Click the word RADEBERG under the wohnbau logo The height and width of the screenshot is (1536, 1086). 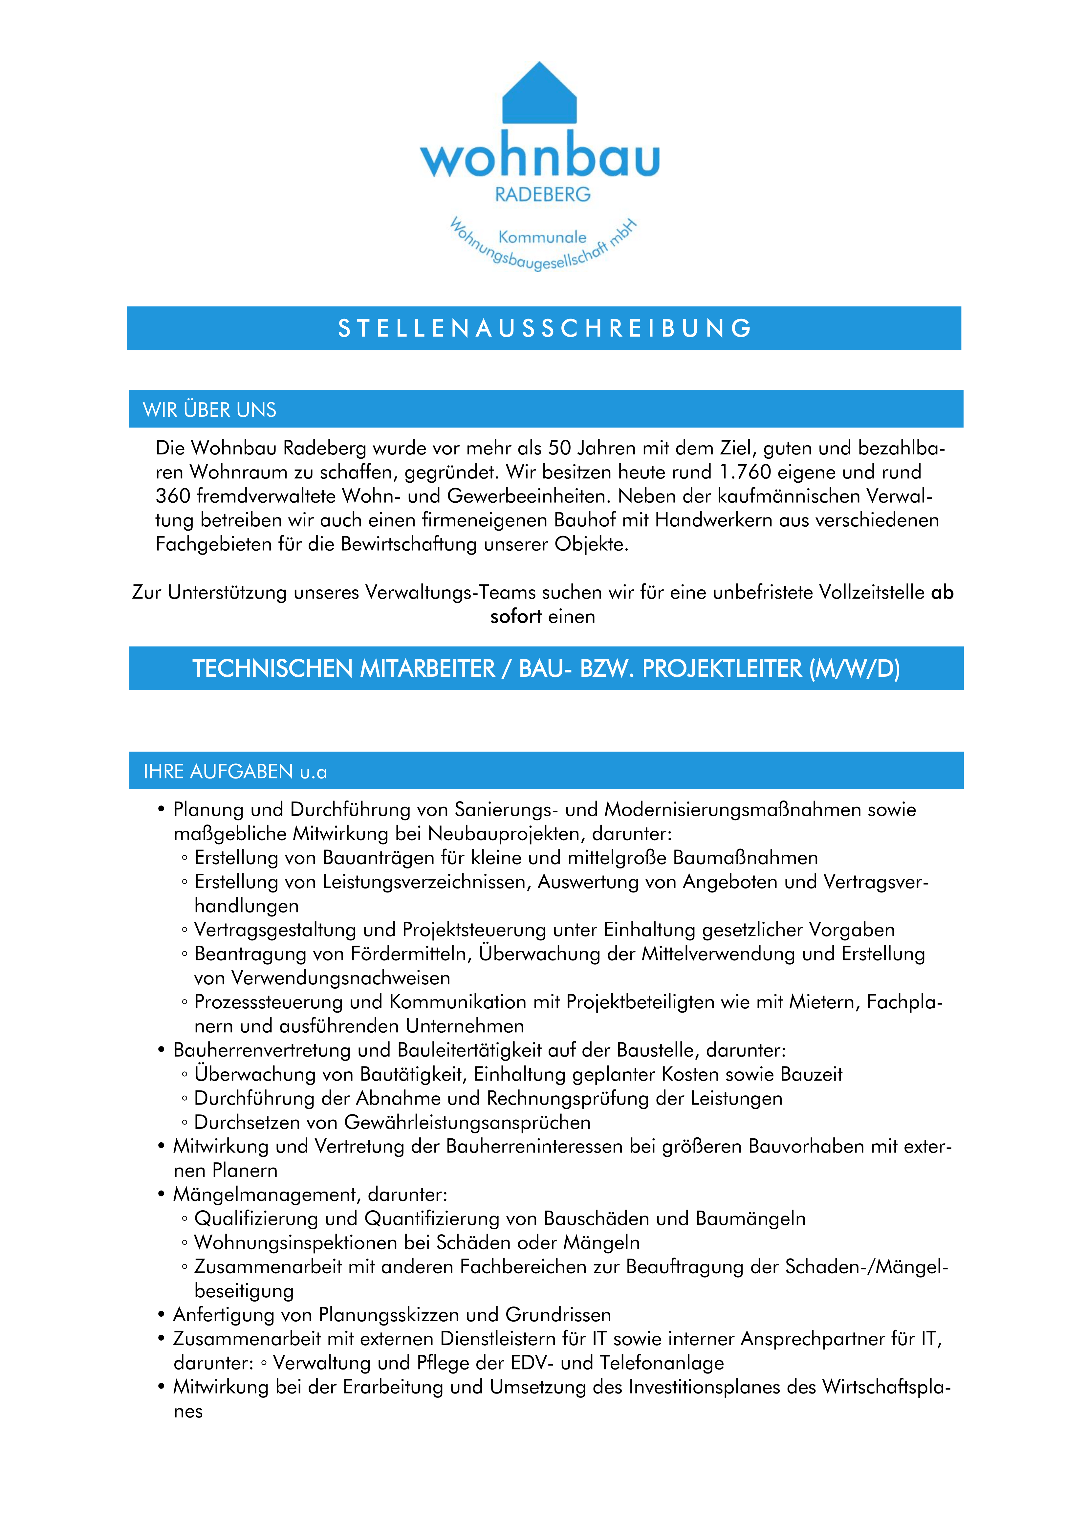tap(542, 195)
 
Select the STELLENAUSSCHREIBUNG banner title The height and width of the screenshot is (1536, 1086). tap(544, 328)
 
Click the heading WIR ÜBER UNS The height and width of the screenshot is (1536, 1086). tap(209, 410)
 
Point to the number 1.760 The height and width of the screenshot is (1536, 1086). tap(745, 472)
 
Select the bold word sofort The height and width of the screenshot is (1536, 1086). tap(515, 617)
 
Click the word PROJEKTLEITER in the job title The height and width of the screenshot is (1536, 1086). tap(722, 669)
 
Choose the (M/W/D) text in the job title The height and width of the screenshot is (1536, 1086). tap(854, 669)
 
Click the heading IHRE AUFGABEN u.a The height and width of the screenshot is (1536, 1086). tap(235, 772)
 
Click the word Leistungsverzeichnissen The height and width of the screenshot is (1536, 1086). tap(426, 882)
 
